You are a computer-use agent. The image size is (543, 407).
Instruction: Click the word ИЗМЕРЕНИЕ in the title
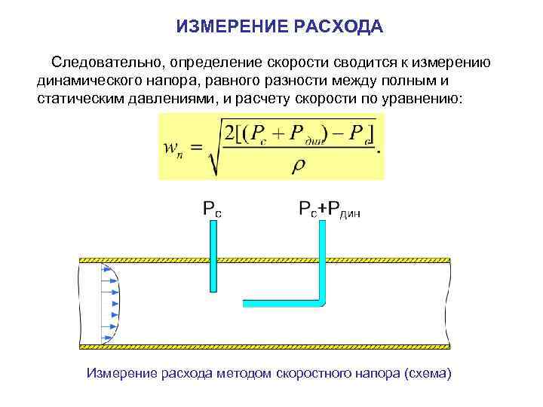(x=220, y=28)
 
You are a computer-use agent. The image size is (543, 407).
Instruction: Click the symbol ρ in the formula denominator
(x=299, y=165)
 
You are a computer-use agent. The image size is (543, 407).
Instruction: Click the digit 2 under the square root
(x=230, y=133)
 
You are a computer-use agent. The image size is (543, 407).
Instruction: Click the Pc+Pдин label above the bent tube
(x=330, y=210)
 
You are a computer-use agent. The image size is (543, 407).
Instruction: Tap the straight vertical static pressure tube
(x=213, y=256)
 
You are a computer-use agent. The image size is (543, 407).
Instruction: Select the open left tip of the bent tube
(x=244, y=302)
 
